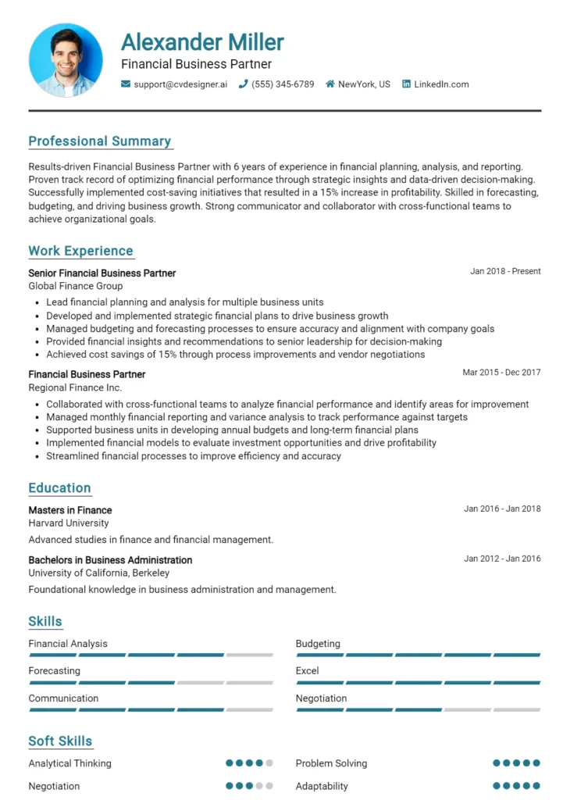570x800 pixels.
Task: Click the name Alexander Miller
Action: tap(202, 41)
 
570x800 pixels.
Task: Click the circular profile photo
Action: tap(66, 59)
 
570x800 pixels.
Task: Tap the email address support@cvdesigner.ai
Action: tap(180, 84)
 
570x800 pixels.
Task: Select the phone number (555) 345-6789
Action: tap(283, 84)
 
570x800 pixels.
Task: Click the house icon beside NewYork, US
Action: tap(330, 84)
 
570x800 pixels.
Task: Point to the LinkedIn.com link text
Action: tap(441, 84)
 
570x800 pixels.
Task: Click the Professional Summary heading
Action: tap(100, 141)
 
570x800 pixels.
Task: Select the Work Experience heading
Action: tap(81, 251)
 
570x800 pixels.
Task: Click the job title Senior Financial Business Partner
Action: tap(102, 273)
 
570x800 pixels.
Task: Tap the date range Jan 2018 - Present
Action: tap(505, 272)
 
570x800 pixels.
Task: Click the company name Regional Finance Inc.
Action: tap(75, 387)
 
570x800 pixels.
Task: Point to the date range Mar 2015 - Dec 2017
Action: tap(501, 373)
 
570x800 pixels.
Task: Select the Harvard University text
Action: tap(69, 523)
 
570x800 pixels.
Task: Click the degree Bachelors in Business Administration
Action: tap(110, 560)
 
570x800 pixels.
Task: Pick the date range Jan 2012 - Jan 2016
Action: tap(502, 559)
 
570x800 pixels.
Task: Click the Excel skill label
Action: tap(307, 671)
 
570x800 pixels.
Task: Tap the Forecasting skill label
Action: tap(54, 671)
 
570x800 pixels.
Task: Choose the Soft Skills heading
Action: tap(60, 741)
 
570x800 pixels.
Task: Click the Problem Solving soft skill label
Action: tap(331, 763)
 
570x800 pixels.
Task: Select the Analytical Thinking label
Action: tap(69, 763)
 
